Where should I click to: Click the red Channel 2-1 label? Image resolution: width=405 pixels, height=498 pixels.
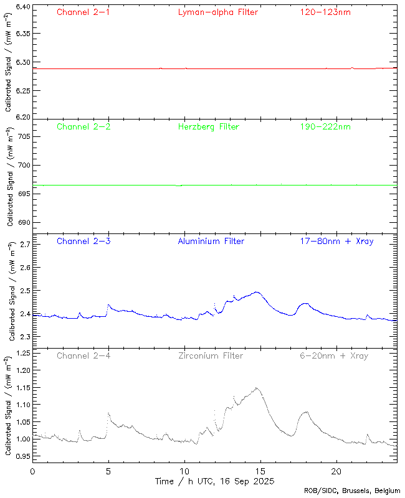[83, 12]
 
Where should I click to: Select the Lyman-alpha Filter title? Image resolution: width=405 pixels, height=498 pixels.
[217, 12]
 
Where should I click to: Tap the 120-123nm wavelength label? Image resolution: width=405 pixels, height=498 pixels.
[325, 12]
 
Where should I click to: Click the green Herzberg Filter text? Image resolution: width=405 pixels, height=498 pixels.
[208, 126]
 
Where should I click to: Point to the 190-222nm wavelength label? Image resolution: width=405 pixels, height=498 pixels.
[325, 126]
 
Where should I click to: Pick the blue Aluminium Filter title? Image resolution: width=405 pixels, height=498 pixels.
[211, 241]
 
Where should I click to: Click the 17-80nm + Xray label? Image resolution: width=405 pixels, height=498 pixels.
[336, 241]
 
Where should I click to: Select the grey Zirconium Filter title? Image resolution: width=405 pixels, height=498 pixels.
[211, 355]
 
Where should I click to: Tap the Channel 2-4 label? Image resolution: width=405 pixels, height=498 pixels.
[83, 355]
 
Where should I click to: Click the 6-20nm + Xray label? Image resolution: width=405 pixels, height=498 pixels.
[333, 355]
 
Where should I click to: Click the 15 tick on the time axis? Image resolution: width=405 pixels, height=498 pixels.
[260, 471]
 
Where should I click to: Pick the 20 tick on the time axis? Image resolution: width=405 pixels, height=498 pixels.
[336, 471]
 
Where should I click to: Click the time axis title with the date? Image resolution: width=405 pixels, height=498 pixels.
[215, 481]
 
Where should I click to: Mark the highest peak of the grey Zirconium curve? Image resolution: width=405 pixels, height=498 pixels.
[256, 388]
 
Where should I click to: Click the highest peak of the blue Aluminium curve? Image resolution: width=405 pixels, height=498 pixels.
[256, 291]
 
